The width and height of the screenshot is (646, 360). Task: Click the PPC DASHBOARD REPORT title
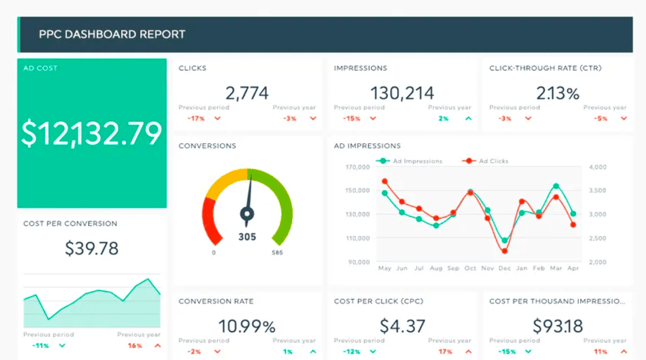click(112, 34)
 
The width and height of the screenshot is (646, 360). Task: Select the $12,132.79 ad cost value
click(92, 134)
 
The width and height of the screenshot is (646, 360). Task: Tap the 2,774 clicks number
click(247, 93)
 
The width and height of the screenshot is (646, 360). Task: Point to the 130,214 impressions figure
click(402, 93)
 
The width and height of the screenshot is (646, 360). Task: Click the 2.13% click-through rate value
click(558, 93)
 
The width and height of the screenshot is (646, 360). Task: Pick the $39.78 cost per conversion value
click(92, 248)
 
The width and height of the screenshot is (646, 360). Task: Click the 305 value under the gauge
click(247, 237)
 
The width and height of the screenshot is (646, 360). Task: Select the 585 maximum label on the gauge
click(277, 253)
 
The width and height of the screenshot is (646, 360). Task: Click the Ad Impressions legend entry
click(411, 161)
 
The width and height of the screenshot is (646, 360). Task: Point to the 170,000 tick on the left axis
click(358, 167)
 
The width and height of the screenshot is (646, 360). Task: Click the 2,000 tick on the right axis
click(597, 262)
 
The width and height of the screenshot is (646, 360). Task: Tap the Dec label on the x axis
click(505, 269)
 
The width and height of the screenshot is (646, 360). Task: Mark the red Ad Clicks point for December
click(505, 251)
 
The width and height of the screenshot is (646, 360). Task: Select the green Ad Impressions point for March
click(556, 186)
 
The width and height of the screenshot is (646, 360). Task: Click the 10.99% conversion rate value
click(247, 326)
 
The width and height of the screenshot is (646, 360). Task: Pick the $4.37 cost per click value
click(402, 326)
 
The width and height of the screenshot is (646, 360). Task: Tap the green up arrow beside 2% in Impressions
click(468, 119)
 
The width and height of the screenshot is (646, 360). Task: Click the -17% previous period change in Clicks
click(196, 119)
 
